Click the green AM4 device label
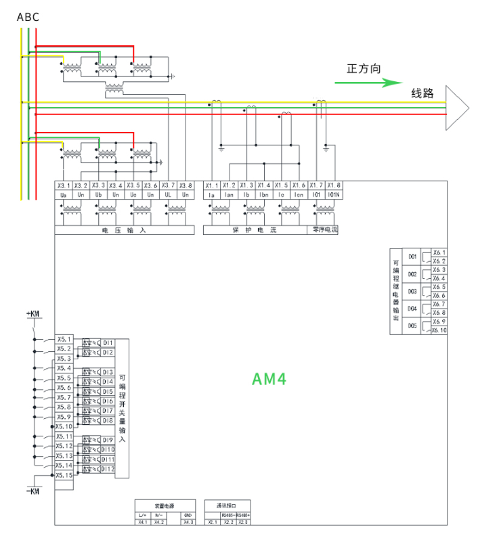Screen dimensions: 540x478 click(x=269, y=378)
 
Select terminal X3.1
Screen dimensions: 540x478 click(x=63, y=185)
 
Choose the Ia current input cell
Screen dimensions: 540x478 click(x=211, y=194)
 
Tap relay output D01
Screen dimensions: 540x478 click(x=412, y=257)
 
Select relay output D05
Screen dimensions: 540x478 click(x=412, y=326)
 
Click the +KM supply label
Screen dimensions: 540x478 click(x=32, y=314)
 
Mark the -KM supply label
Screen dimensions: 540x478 click(x=32, y=489)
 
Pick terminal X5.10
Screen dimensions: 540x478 click(x=64, y=426)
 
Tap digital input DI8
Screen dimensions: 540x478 click(x=108, y=420)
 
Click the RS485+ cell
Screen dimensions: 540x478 click(x=242, y=515)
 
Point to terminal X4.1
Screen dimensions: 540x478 click(x=142, y=522)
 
